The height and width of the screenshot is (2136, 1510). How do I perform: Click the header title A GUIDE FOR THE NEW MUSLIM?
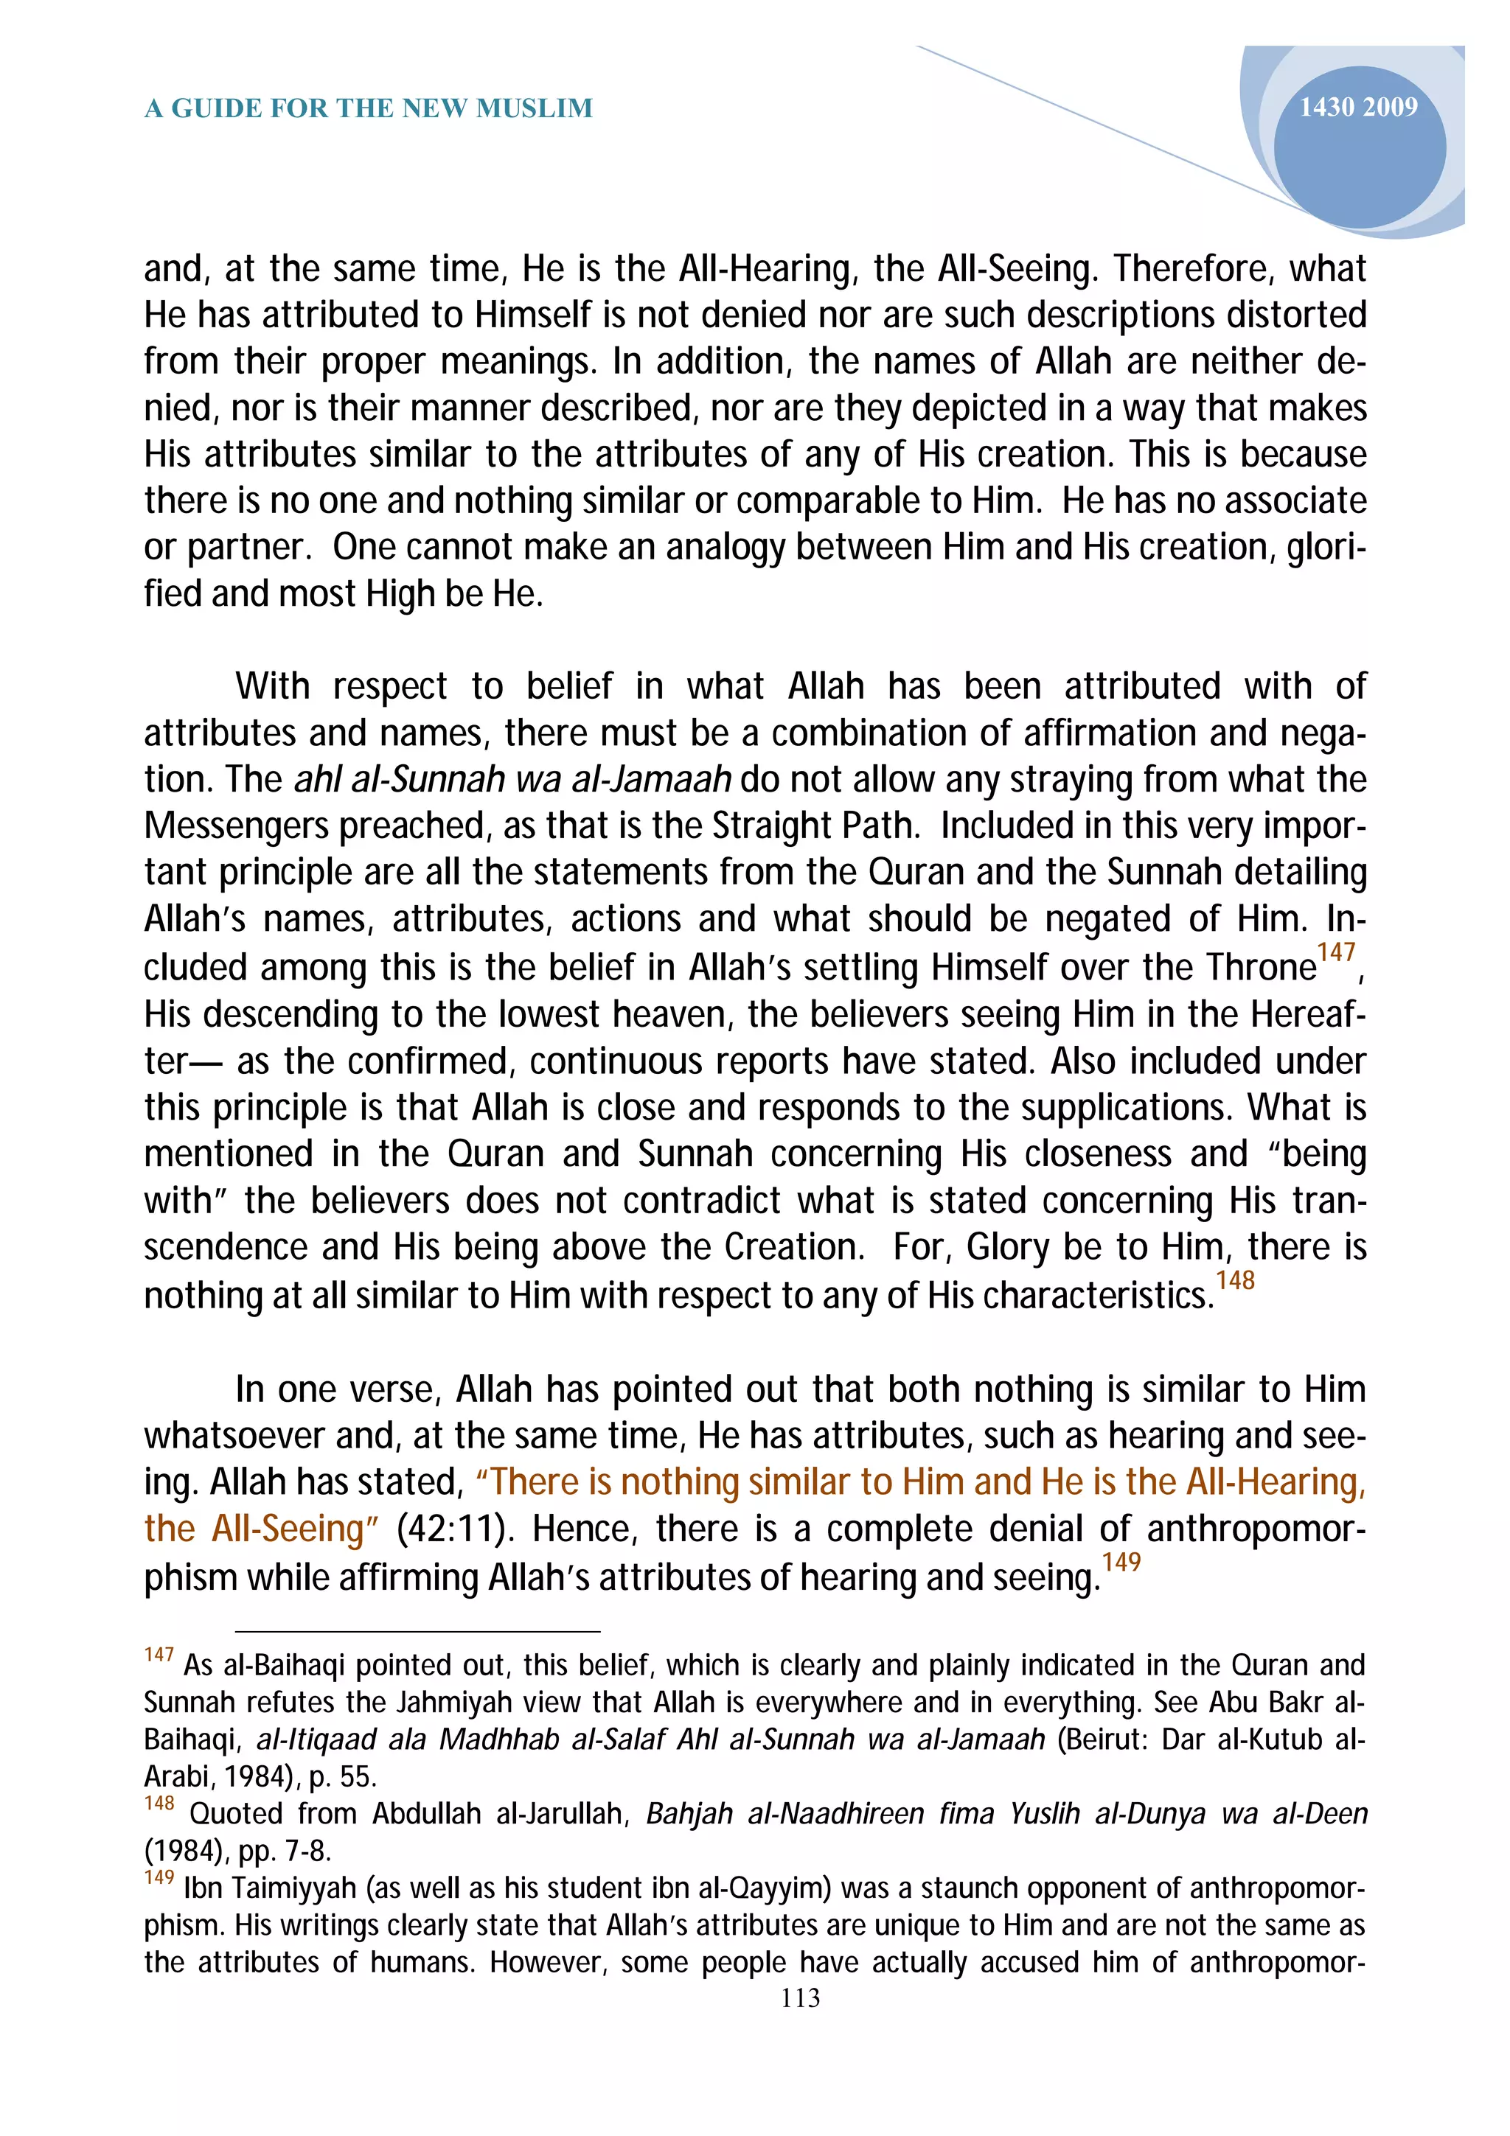click(369, 109)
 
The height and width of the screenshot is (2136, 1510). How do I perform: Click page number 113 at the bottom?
click(800, 1998)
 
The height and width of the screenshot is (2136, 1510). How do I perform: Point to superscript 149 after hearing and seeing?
click(1121, 1562)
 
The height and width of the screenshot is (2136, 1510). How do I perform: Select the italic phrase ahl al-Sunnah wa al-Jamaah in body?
click(512, 780)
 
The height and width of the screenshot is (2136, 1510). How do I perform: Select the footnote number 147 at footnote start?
click(159, 1655)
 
